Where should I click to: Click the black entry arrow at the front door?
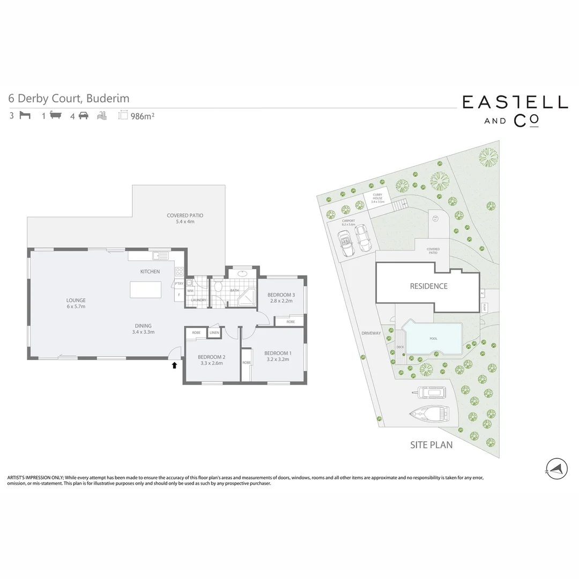(x=174, y=366)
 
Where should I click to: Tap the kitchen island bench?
(x=145, y=290)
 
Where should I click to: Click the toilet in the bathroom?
(x=217, y=287)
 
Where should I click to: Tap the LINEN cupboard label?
(x=214, y=333)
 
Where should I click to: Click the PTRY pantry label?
(x=179, y=284)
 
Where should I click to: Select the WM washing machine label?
(x=190, y=291)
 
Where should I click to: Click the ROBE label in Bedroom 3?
(x=290, y=322)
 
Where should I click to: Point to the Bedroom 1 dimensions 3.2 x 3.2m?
(x=278, y=359)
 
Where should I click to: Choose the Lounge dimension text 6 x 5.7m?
(x=76, y=307)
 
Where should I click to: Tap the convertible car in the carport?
(x=346, y=244)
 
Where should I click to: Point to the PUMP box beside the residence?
(x=484, y=308)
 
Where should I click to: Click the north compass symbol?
(x=556, y=468)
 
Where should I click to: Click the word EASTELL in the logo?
(x=515, y=102)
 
